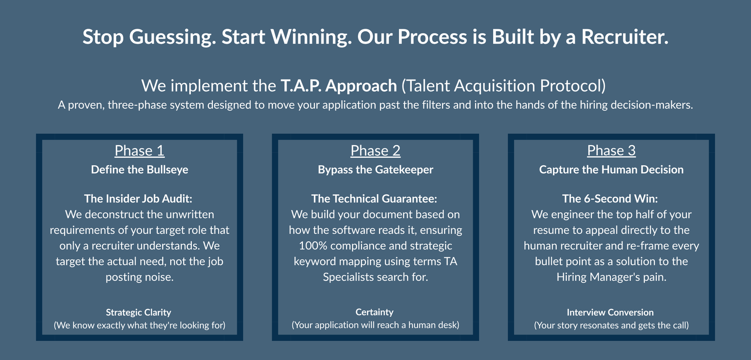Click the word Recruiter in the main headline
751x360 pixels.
point(625,37)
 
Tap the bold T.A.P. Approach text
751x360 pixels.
point(338,86)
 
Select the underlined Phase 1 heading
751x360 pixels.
point(140,151)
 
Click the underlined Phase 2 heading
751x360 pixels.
point(375,151)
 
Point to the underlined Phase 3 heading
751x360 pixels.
point(611,151)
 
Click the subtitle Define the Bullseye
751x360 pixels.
point(140,170)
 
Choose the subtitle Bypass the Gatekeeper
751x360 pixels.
point(375,170)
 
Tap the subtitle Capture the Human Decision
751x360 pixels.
point(611,170)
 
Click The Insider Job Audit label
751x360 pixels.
point(138,199)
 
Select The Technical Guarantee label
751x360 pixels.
point(374,199)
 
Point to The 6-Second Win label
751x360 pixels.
point(610,199)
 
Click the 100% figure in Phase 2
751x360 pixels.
point(313,246)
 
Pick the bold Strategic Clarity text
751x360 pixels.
point(139,312)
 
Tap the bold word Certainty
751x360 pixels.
point(374,312)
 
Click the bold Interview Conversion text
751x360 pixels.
point(610,312)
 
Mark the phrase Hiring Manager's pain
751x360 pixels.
point(611,277)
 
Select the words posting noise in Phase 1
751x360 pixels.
point(140,277)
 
